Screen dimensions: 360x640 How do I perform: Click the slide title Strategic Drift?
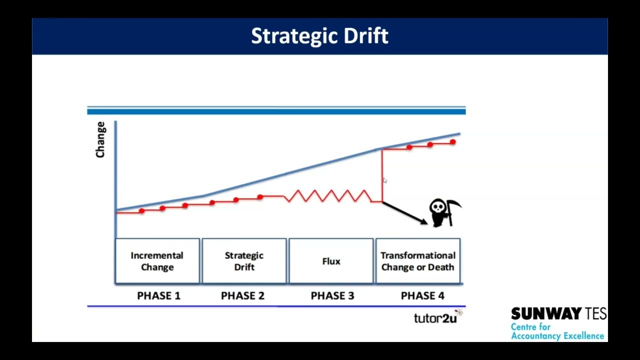click(319, 36)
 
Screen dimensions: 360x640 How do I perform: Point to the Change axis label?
click(100, 139)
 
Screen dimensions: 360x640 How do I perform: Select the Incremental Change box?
click(157, 261)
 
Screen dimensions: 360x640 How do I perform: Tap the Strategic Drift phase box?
click(244, 261)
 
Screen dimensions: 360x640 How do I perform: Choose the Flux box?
click(331, 261)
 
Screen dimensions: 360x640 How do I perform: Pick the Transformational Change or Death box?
click(417, 261)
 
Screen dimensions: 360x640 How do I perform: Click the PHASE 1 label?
click(158, 295)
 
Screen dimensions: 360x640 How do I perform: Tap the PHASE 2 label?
click(242, 295)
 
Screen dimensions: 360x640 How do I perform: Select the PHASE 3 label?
click(332, 295)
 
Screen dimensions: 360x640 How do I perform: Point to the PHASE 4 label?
click(422, 295)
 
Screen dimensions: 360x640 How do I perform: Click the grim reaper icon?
click(443, 212)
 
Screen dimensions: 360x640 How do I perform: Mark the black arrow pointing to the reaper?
click(405, 213)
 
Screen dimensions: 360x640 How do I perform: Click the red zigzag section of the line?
click(327, 196)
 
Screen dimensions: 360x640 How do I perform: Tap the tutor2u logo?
click(435, 318)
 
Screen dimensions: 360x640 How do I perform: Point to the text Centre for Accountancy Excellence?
click(557, 331)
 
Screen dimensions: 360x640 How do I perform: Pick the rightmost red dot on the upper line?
click(452, 142)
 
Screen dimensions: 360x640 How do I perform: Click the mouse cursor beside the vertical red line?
click(384, 180)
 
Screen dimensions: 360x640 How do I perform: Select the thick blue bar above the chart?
click(276, 111)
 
